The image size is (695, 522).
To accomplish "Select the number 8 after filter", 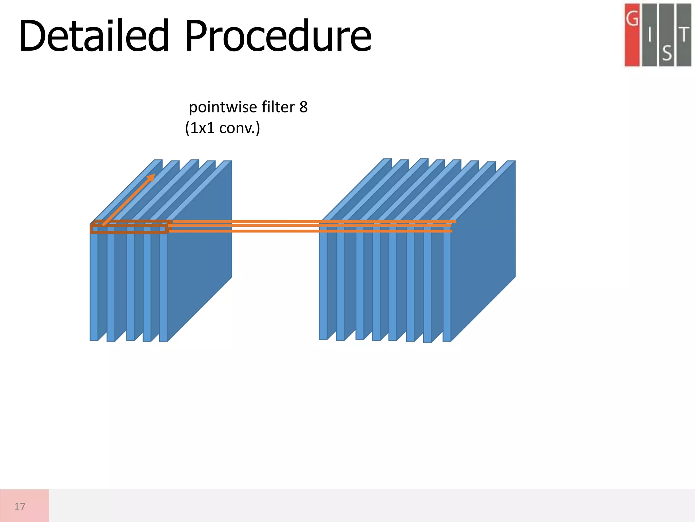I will click(303, 107).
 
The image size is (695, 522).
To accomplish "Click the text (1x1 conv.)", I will click(222, 128).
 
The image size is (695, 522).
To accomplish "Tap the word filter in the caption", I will click(274, 107).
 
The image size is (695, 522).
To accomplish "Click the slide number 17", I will click(20, 507).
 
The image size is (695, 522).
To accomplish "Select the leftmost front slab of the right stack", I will click(323, 285).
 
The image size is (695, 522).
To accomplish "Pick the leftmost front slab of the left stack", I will click(94, 285).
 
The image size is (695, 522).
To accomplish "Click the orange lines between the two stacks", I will click(244, 226).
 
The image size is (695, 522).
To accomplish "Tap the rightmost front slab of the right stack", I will click(447, 285).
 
